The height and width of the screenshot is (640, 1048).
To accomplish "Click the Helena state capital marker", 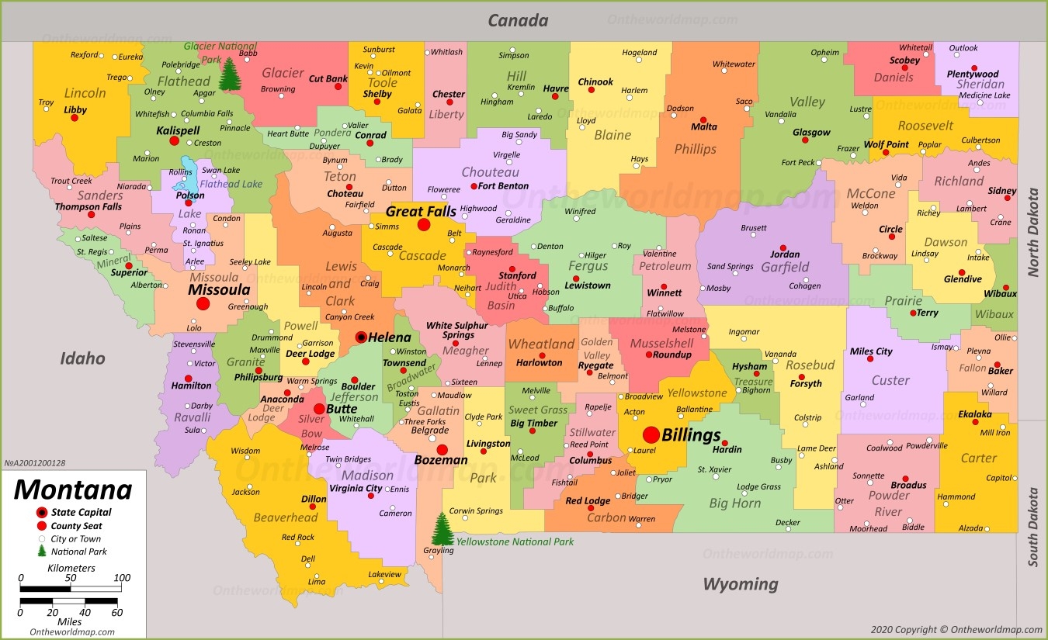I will point(361,337).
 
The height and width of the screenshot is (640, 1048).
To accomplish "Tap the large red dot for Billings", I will point(651,434).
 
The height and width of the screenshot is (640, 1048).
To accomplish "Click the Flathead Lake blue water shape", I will point(189,178).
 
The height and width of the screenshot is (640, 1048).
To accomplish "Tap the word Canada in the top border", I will point(518,21).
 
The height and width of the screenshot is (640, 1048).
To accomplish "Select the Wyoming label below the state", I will point(740,583).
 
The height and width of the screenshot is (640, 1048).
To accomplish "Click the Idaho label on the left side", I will point(83,358).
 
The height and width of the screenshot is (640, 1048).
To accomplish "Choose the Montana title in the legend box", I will point(73,490).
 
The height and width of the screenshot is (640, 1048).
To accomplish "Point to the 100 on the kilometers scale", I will point(122,577).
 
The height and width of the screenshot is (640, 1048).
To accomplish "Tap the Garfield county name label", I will point(784,267).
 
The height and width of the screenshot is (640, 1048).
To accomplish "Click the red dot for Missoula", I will point(203,303).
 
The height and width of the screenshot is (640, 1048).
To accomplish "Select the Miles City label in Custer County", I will point(871,351).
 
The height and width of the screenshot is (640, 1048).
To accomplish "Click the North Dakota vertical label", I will point(1033,233).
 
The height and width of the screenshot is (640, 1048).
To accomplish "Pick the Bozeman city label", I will point(441,460).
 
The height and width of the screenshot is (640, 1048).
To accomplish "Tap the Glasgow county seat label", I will point(811,133).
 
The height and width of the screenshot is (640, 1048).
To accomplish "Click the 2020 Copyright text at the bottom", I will point(956,630).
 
